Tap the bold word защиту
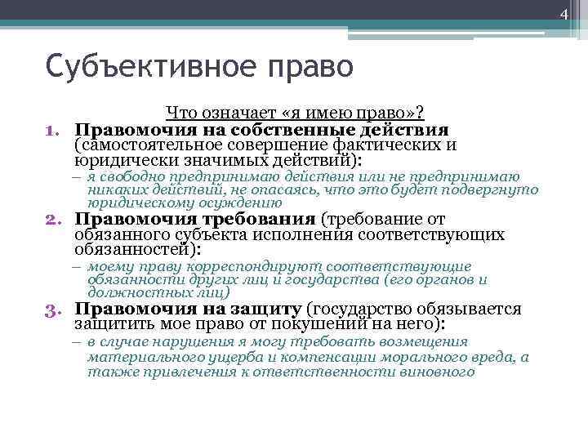[x=267, y=309]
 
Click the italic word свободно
[x=134, y=176]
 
